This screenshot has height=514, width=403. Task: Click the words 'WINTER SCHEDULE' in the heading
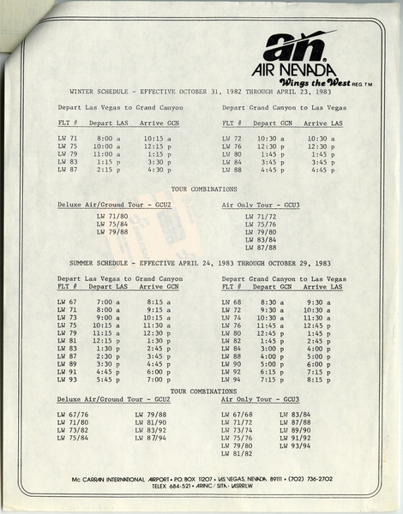pos(97,89)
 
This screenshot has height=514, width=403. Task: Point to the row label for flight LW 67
pos(67,302)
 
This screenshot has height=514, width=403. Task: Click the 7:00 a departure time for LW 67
pos(108,302)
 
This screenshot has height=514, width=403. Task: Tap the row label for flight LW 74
pos(232,317)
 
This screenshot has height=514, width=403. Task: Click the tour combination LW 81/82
pos(236,453)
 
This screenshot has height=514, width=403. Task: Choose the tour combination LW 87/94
pos(150,438)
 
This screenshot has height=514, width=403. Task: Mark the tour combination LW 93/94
pos(295,445)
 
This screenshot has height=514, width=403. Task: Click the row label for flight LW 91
pos(67,372)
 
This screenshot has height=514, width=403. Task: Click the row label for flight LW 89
pos(67,364)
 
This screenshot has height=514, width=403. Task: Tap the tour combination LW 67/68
pos(236,415)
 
